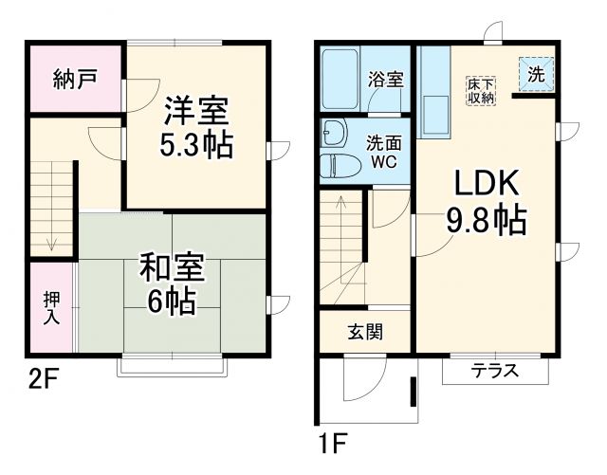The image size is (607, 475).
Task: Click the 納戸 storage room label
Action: (73, 78)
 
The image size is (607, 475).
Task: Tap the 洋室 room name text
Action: (197, 112)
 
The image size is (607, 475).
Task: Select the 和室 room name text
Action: (172, 267)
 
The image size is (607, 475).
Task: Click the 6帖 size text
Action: (172, 301)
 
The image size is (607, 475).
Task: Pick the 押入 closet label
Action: (52, 306)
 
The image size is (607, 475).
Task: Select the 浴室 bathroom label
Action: (386, 80)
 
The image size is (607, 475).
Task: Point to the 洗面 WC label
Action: (386, 152)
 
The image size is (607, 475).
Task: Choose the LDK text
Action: (486, 182)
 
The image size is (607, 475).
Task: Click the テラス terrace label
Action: (495, 371)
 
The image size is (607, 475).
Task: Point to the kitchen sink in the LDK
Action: (437, 115)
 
